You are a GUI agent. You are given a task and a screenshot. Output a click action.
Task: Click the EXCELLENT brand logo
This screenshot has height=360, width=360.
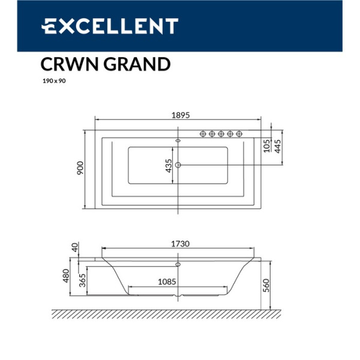pyautogui.click(x=110, y=26)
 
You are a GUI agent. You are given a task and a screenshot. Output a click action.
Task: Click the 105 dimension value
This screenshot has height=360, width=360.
pyautogui.click(x=266, y=145)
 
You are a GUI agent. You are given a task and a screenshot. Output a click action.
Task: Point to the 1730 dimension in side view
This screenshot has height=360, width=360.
pyautogui.click(x=178, y=244)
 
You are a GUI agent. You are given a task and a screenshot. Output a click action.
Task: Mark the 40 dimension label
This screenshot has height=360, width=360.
pyautogui.click(x=75, y=247)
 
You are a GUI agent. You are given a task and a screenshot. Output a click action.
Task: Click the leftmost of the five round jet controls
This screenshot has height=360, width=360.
pyautogui.click(x=203, y=133)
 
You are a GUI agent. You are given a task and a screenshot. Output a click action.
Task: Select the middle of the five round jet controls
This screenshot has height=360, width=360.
pyautogui.click(x=221, y=133)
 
